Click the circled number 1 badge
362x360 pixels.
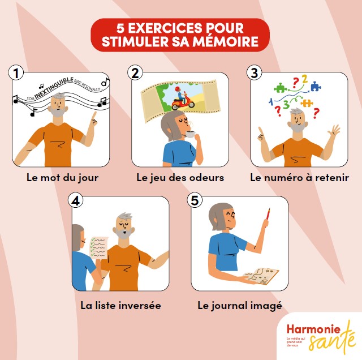pos(17,74)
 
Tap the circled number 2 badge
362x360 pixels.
pos(135,74)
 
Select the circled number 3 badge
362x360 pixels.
pos(255,74)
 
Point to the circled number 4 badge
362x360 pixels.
pos(75,200)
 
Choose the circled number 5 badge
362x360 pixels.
pos(195,200)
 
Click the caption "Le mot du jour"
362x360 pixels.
pos(62,177)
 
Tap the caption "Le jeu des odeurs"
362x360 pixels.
pos(180,177)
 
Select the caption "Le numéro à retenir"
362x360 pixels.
pos(299,177)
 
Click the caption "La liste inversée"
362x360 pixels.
pos(120,305)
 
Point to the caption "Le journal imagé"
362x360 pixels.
pos(239,305)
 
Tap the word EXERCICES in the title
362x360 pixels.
pos(160,27)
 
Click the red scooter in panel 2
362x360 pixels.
pos(183,102)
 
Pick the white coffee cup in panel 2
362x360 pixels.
pos(191,135)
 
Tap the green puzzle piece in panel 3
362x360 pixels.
pos(279,88)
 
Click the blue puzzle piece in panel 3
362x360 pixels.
pos(314,86)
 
